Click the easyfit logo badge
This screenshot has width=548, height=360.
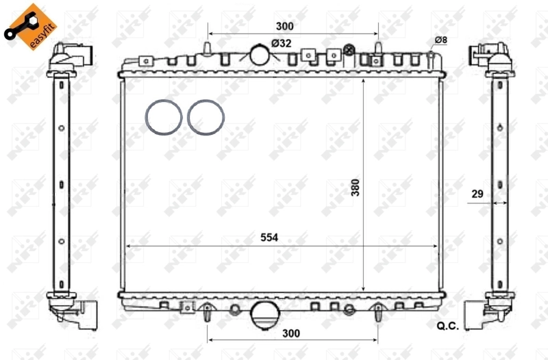(29, 27)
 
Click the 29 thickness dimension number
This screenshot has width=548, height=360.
(477, 194)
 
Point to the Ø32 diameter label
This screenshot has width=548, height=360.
(282, 43)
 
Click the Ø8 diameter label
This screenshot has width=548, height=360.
(440, 40)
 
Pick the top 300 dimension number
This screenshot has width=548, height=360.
(284, 26)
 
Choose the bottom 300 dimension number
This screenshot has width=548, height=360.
(291, 333)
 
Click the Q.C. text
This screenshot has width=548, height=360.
(447, 326)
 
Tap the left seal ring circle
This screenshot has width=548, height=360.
(164, 117)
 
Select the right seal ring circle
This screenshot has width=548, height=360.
(206, 117)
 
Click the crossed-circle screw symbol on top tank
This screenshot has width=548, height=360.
(349, 49)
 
